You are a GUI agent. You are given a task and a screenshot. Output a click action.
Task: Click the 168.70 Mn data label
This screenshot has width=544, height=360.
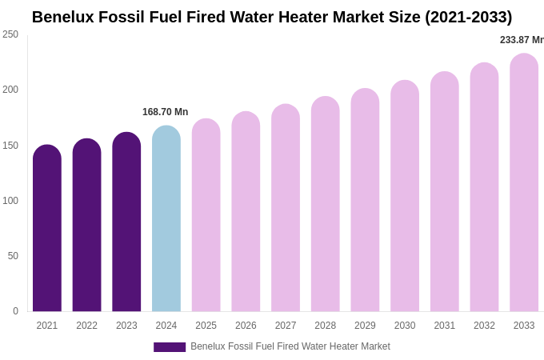click(x=166, y=112)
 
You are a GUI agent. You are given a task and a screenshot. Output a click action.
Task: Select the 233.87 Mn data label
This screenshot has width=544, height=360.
click(x=522, y=40)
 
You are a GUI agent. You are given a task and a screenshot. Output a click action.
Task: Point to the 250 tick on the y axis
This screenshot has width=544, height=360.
click(x=10, y=34)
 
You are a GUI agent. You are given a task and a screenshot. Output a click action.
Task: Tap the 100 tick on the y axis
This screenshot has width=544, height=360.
click(x=10, y=201)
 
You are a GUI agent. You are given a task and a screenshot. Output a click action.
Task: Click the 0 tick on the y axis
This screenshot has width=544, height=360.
click(x=15, y=311)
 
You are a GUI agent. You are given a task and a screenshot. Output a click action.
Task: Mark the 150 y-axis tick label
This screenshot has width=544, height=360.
click(x=10, y=146)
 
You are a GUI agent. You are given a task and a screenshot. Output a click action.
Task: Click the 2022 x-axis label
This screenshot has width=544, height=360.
click(x=86, y=326)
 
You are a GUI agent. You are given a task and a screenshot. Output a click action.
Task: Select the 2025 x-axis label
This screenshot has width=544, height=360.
click(x=206, y=326)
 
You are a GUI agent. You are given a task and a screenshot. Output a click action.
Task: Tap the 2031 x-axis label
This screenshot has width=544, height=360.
click(x=444, y=326)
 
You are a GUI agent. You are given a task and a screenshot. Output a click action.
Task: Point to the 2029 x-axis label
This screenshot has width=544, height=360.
click(x=365, y=326)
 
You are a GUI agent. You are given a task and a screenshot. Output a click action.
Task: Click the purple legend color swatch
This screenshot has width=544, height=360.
click(x=170, y=347)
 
